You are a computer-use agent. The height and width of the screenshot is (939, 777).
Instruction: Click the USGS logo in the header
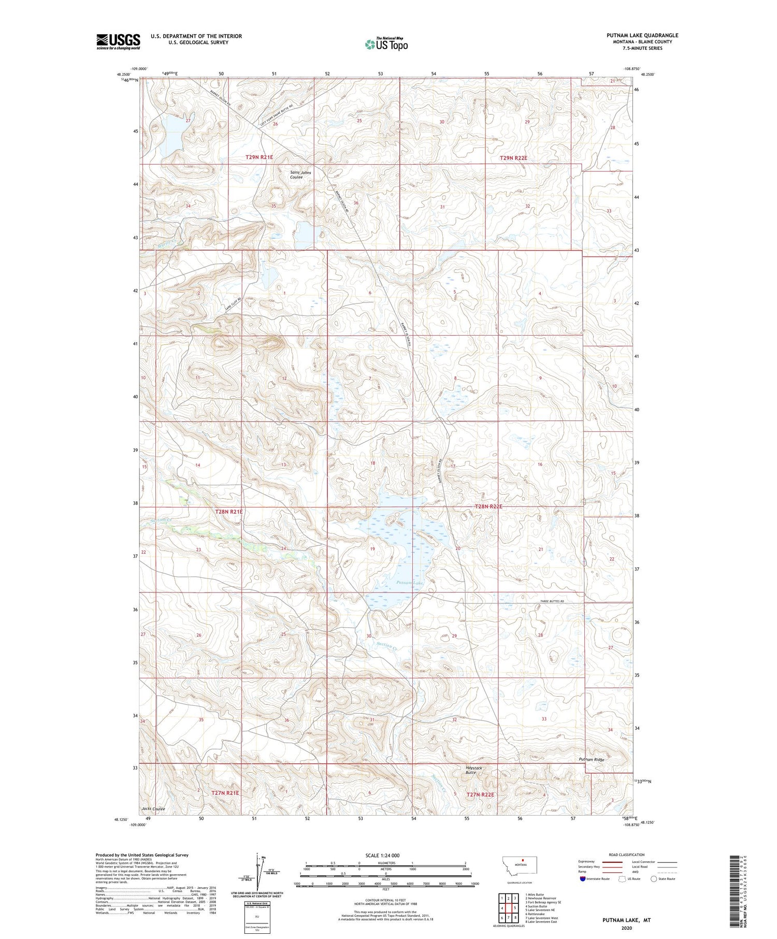118,41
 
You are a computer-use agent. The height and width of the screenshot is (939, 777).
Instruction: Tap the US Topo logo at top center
386,44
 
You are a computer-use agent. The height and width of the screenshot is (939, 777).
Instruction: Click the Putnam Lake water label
410,583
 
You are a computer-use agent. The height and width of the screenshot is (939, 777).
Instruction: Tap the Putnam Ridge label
592,759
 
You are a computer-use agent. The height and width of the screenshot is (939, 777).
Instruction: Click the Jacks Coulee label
153,808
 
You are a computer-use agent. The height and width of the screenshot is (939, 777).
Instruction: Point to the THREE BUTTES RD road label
552,601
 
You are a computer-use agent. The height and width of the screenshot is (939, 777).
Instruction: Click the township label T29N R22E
513,157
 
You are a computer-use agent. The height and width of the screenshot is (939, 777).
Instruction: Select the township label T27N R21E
225,792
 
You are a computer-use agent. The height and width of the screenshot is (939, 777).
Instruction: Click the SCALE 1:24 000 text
382,855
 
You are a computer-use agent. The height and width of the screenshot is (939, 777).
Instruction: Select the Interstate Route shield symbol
583,879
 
